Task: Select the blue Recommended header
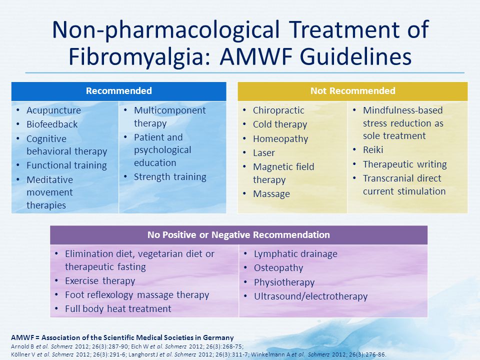pyautogui.click(x=119, y=91)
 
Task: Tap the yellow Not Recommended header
pyautogui.click(x=352, y=91)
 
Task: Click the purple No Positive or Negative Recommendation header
pyautogui.click(x=239, y=235)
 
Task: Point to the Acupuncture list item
pyautogui.click(x=53, y=110)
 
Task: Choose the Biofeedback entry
pyautogui.click(x=52, y=124)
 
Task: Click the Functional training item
pyautogui.click(x=66, y=165)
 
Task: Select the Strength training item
pyautogui.click(x=170, y=177)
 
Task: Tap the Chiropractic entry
pyautogui.click(x=278, y=110)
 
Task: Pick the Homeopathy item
pyautogui.click(x=280, y=139)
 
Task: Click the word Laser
pyautogui.click(x=264, y=153)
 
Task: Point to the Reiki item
pyautogui.click(x=373, y=149)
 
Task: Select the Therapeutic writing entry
pyautogui.click(x=405, y=164)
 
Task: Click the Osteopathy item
pyautogui.click(x=278, y=268)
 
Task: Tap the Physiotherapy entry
pyautogui.click(x=284, y=282)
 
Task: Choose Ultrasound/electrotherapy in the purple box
pyautogui.click(x=310, y=296)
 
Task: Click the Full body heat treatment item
pyautogui.click(x=118, y=309)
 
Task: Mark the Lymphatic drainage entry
pyautogui.click(x=295, y=254)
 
